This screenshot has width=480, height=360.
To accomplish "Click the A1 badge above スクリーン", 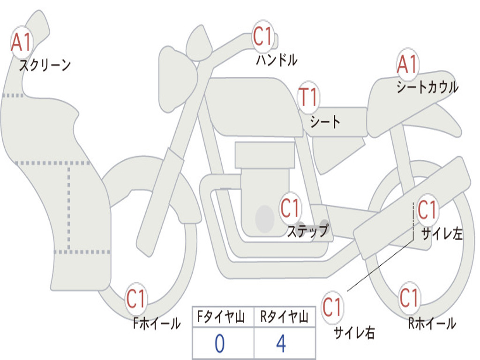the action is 22,43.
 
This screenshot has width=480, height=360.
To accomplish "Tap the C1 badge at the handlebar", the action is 263,37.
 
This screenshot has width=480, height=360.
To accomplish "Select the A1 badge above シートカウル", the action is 407,64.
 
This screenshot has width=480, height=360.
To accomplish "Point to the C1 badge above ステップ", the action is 291,208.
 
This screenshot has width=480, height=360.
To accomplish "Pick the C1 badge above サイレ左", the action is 427,210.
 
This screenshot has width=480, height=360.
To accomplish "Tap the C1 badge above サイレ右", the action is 332,308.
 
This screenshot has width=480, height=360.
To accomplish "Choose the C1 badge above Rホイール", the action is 409,298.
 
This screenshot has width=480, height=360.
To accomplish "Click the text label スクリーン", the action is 45,65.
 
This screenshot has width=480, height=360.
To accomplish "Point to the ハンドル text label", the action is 277,60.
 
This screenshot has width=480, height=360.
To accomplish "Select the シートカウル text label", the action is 427,87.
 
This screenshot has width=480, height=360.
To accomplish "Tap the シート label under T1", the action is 325,122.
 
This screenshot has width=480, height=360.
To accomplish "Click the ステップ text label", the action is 307,231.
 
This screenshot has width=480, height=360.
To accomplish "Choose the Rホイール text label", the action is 432,323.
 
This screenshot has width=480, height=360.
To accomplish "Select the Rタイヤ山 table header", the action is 284,318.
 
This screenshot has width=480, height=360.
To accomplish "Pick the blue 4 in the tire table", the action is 281,344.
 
